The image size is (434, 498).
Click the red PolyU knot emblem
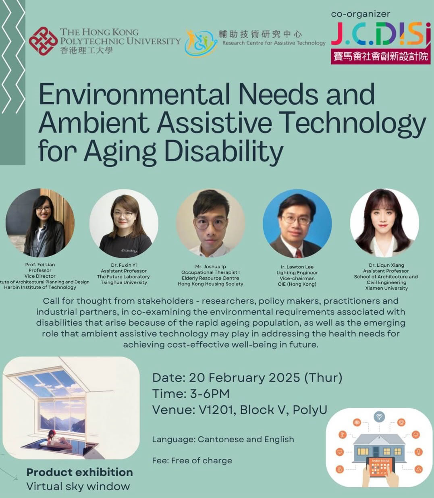coord(44,41)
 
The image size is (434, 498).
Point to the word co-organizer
coord(361,14)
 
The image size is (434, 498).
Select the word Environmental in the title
coord(134,94)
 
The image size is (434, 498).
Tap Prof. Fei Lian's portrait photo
coord(40,223)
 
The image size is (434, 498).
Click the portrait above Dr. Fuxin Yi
coord(124,224)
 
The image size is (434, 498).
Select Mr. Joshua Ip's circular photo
coord(210,223)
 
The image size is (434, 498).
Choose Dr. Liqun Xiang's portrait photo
coord(384,223)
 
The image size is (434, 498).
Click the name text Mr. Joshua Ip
coord(210,267)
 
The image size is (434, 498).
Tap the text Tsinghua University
coord(124,282)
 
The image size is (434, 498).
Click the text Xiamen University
coord(386,288)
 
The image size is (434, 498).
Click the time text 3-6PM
coord(210,394)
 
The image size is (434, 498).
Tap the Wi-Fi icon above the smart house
coord(379,417)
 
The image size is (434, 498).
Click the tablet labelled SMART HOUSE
coord(380,467)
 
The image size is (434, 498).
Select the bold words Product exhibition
coord(80,472)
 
